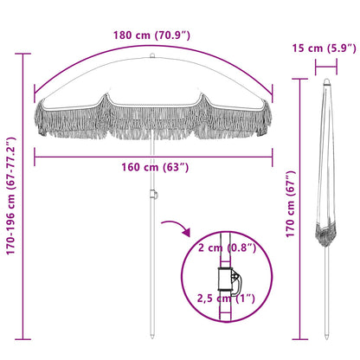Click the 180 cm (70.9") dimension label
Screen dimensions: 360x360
(x=153, y=35)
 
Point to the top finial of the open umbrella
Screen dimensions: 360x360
(x=153, y=58)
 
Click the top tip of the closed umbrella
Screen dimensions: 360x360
(x=327, y=82)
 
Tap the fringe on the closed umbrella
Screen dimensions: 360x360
(x=327, y=233)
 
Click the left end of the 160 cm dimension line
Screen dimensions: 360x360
(x=35, y=156)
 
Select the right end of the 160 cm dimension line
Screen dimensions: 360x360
(x=272, y=156)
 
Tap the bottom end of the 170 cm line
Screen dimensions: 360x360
(x=299, y=338)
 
